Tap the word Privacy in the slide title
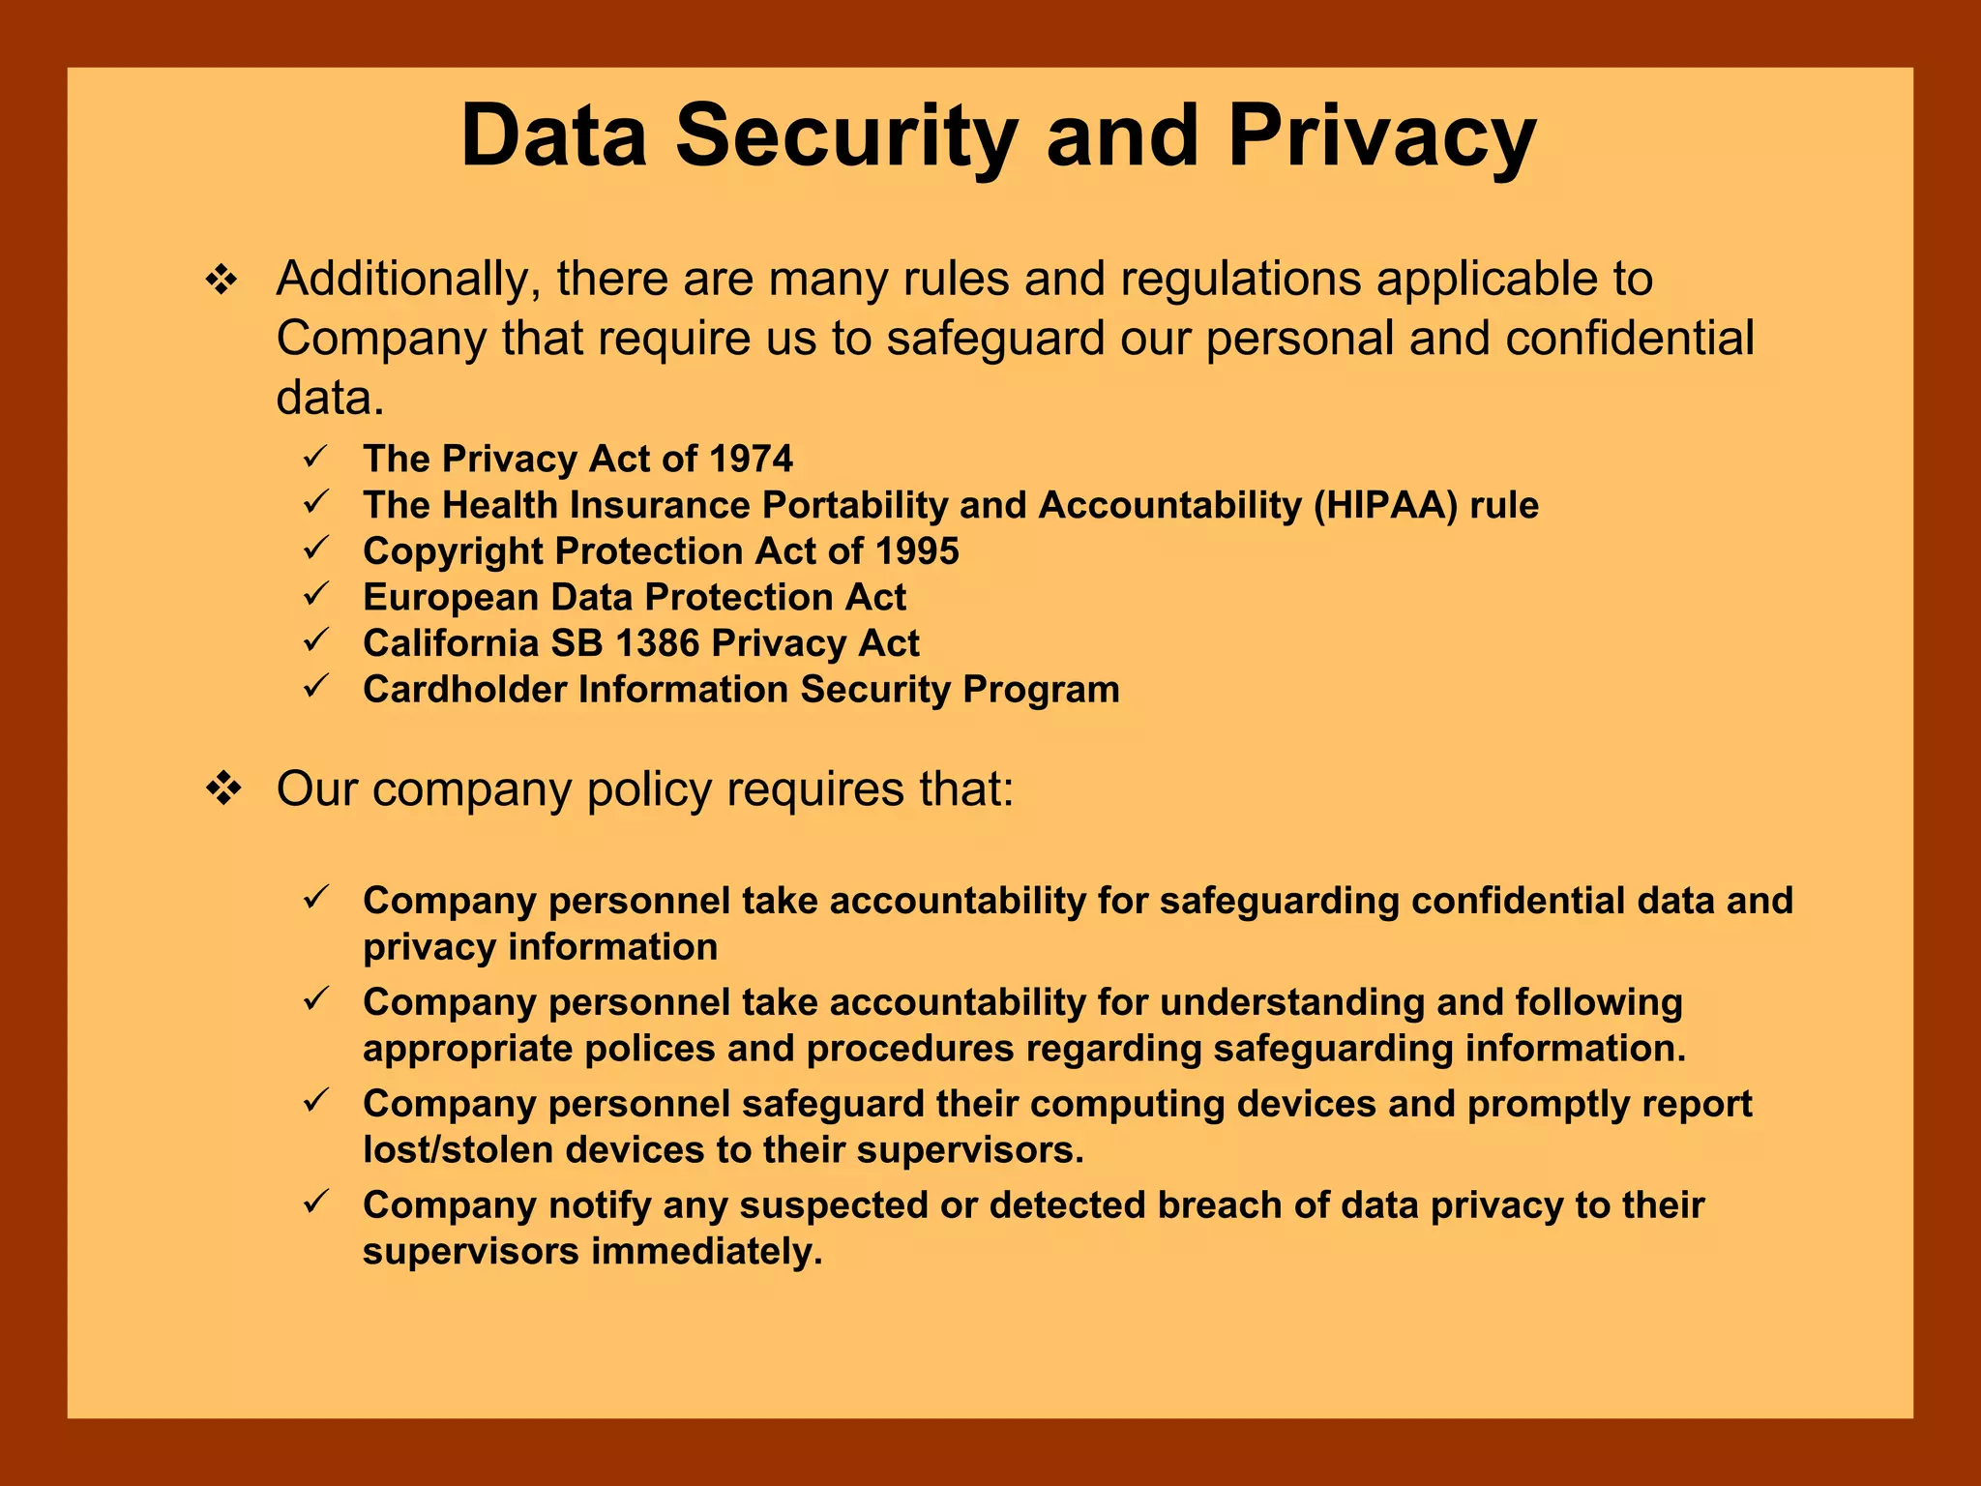click(1381, 137)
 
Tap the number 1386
click(657, 643)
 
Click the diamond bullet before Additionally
click(222, 282)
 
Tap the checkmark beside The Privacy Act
click(317, 456)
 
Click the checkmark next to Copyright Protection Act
click(317, 549)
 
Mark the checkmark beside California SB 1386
click(317, 640)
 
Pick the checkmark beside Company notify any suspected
click(317, 1203)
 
